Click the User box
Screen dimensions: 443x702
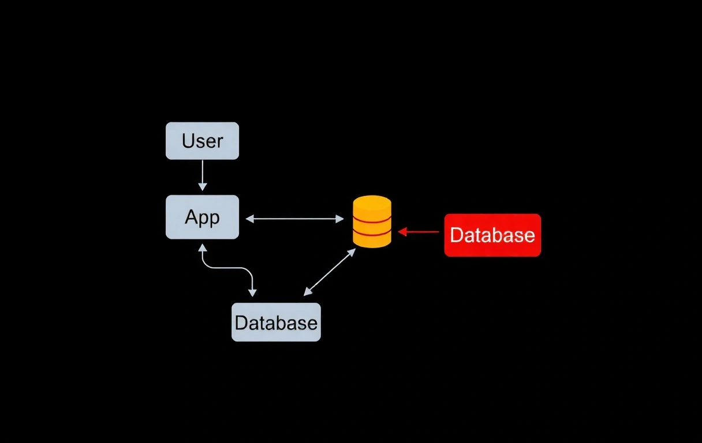(202, 141)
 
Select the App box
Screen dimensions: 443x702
(202, 217)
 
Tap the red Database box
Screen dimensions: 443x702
(492, 235)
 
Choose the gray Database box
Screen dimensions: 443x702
(276, 322)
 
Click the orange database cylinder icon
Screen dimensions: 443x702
(372, 222)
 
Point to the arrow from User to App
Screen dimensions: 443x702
(202, 175)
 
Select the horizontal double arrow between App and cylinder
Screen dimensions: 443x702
(294, 219)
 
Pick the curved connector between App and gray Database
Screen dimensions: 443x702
(227, 268)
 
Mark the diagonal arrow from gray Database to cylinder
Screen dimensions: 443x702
(329, 272)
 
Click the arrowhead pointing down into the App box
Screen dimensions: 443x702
(202, 186)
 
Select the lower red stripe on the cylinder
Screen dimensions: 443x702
(372, 234)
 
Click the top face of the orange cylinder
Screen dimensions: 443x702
(372, 202)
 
